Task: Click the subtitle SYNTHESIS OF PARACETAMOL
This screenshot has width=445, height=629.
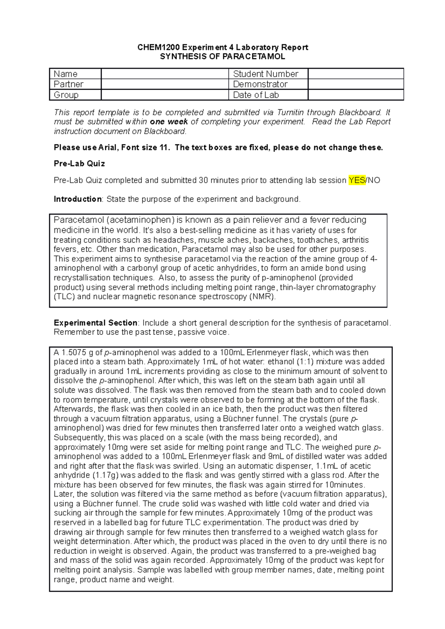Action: [x=222, y=57]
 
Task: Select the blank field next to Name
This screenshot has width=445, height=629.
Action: [x=165, y=74]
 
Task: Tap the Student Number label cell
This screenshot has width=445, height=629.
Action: [x=266, y=74]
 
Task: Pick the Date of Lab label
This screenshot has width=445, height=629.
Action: [x=256, y=95]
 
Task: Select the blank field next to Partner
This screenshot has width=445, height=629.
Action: [x=165, y=84]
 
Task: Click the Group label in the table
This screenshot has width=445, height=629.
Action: [x=66, y=95]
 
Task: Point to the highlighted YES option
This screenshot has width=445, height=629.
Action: [x=357, y=180]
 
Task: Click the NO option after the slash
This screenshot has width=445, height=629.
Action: [x=374, y=180]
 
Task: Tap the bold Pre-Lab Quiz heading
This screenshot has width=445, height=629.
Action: [x=79, y=164]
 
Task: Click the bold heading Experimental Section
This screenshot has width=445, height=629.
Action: [x=95, y=323]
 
